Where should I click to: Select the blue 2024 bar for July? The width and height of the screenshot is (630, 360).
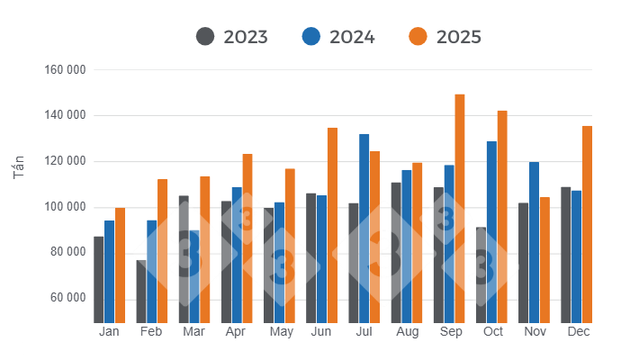364,229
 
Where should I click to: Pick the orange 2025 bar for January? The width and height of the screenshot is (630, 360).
120,265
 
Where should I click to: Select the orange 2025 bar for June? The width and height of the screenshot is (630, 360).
332,225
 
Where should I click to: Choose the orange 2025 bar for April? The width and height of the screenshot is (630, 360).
247,238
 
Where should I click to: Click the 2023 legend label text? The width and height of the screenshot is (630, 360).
246,37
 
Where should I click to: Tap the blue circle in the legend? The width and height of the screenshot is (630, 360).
311,37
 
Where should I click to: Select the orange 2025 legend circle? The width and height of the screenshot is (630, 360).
417,37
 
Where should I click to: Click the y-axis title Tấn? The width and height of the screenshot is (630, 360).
20,166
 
